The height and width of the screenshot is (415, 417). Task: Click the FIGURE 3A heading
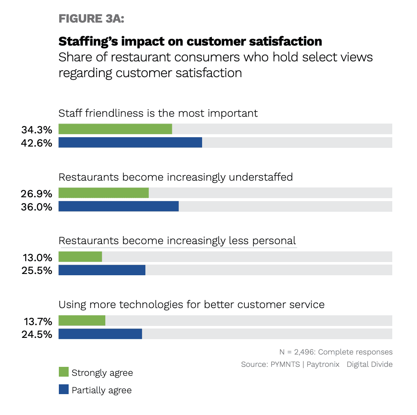[91, 19]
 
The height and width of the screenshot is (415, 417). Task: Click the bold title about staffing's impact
[190, 41]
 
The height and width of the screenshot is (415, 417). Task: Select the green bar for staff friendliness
[115, 129]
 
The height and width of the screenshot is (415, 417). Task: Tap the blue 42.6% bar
[130, 142]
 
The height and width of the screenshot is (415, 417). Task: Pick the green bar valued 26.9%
[104, 193]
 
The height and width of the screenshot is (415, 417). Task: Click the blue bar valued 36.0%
[119, 206]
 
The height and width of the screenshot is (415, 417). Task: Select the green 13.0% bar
[80, 257]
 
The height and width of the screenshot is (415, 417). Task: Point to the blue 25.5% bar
[102, 270]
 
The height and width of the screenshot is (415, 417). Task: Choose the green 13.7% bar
[82, 320]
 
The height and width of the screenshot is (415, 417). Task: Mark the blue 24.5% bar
[100, 334]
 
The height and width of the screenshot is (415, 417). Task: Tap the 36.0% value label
[37, 207]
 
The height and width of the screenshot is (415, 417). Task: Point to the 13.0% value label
[37, 257]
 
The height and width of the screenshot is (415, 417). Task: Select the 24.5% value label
[37, 334]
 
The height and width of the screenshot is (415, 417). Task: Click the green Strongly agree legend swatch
[64, 372]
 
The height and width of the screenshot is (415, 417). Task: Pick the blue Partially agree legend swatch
[64, 389]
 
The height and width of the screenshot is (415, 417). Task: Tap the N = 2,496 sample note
[336, 352]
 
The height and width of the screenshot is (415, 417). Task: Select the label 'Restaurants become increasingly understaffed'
[176, 177]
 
